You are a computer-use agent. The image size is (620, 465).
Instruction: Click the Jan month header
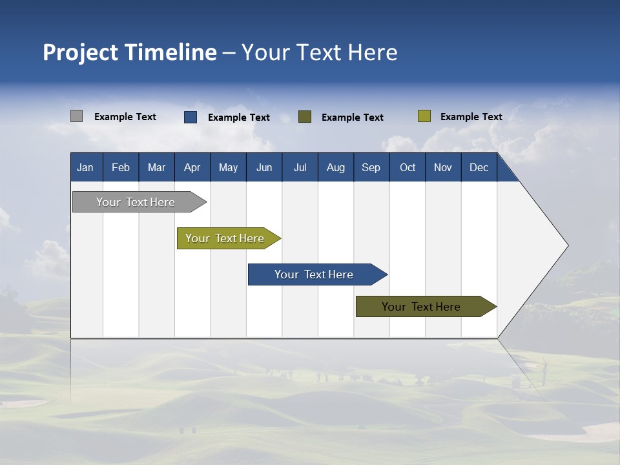[85, 167]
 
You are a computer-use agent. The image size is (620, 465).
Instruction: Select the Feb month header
[121, 167]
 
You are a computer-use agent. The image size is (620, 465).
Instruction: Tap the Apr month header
[192, 167]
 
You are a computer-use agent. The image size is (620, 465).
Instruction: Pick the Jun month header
[264, 167]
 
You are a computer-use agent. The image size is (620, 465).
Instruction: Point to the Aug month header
[335, 167]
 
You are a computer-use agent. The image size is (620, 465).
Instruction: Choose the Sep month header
[371, 167]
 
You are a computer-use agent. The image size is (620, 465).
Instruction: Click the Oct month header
[408, 167]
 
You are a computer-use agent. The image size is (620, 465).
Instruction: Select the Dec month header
[479, 167]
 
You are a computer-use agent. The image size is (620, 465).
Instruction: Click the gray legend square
[76, 116]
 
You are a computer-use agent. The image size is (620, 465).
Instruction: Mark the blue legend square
[191, 117]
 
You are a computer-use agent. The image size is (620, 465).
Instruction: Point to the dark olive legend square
[305, 117]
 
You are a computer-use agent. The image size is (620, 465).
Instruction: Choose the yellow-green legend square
[424, 116]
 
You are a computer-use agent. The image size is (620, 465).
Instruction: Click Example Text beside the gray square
[125, 117]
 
